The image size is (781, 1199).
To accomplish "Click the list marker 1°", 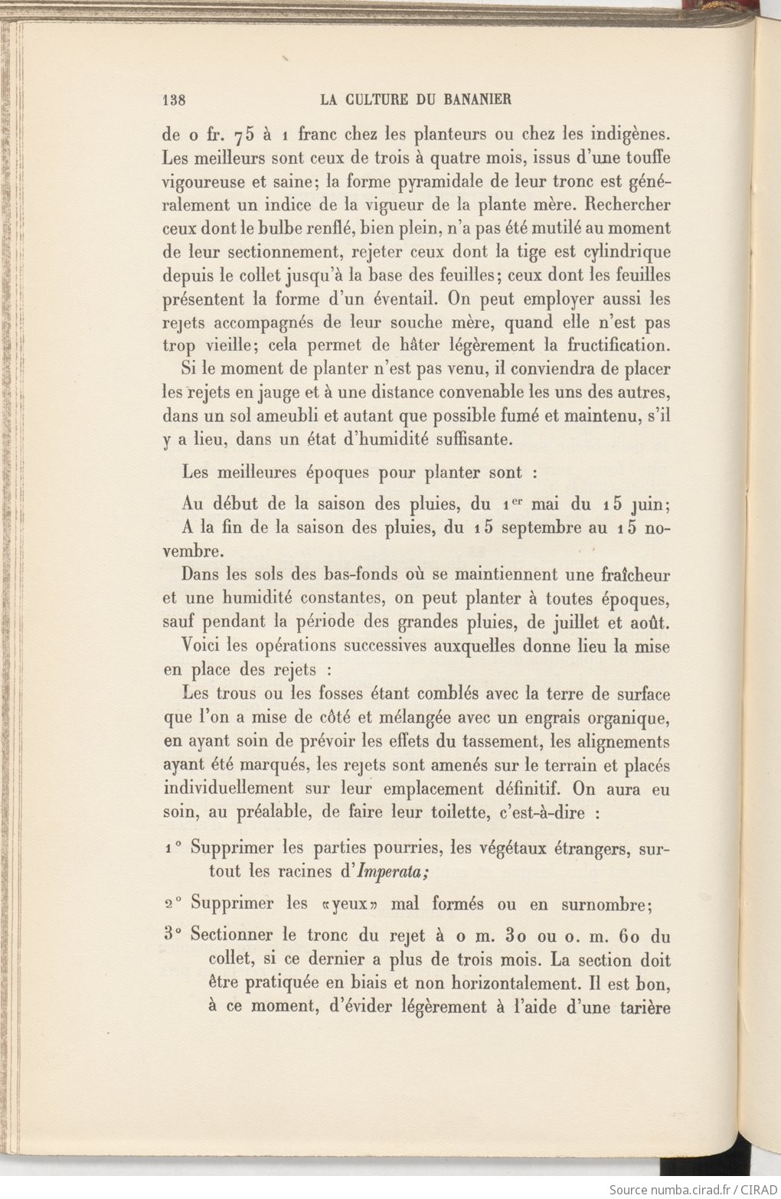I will [x=172, y=848].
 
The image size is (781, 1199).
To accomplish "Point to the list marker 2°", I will [x=172, y=903].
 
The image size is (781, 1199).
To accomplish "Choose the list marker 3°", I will [x=172, y=935].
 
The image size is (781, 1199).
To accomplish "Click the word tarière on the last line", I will [x=642, y=1007].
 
